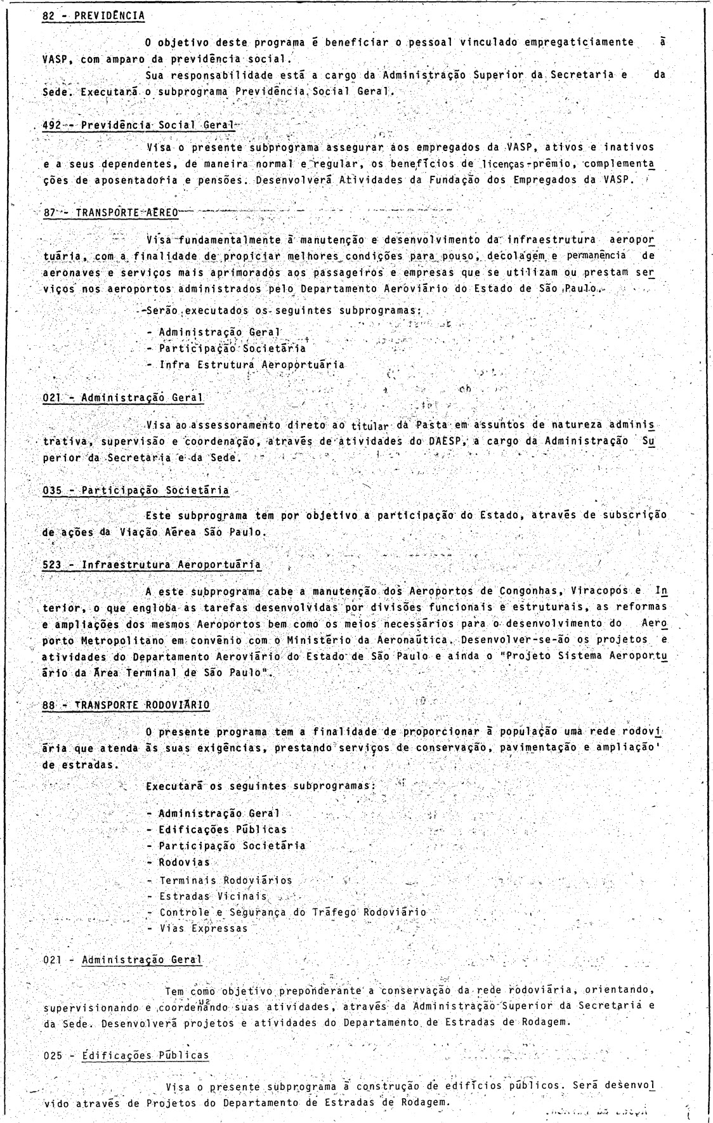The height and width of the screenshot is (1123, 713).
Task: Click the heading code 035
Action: pyautogui.click(x=51, y=490)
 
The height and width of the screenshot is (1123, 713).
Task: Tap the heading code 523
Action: pyautogui.click(x=51, y=565)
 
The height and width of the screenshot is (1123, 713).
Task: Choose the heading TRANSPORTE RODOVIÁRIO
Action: pyautogui.click(x=142, y=704)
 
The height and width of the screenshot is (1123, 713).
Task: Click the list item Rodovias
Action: pyautogui.click(x=184, y=862)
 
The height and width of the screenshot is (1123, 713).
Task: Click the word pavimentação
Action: pyautogui.click(x=536, y=748)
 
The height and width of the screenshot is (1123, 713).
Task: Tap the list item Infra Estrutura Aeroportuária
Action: pyautogui.click(x=252, y=365)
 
